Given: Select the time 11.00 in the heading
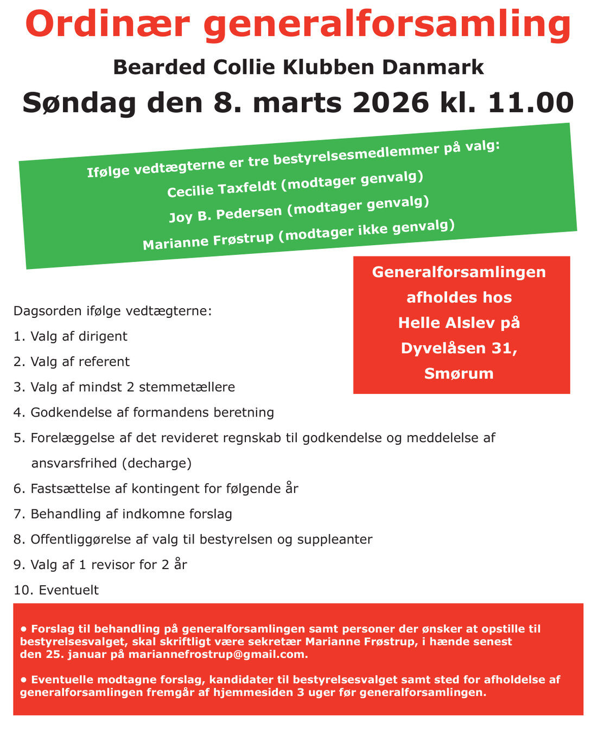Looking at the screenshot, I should click(x=531, y=103).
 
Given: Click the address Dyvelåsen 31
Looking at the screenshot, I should click(x=459, y=348).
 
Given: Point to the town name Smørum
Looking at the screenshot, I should click(x=459, y=374).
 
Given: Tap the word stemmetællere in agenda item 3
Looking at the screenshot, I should click(x=187, y=387).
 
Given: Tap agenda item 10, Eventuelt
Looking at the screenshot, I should click(x=68, y=590).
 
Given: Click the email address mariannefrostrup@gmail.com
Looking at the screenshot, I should click(x=218, y=655).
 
